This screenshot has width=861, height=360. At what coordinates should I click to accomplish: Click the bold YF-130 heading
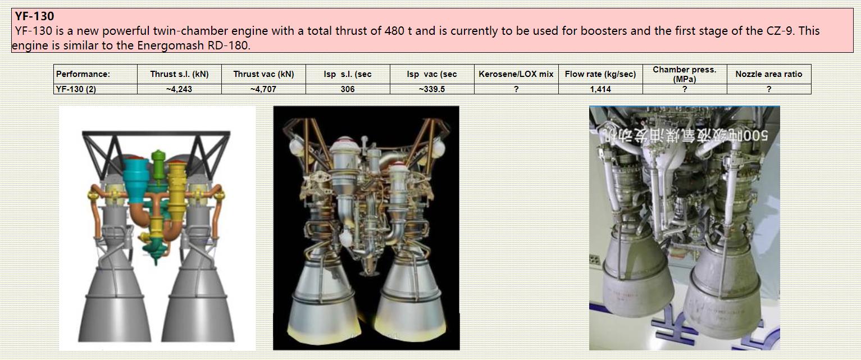click(34, 16)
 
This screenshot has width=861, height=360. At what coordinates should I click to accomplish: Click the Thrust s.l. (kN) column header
click(179, 74)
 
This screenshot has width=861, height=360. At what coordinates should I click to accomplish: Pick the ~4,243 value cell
click(179, 89)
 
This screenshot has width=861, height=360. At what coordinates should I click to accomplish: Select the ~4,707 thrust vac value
click(263, 89)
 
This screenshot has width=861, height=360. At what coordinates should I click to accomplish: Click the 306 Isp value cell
click(348, 89)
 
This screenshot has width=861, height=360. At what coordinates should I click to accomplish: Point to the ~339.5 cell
click(432, 89)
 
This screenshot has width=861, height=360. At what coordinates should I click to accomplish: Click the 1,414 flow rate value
click(600, 89)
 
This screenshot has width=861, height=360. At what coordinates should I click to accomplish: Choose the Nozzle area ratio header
click(769, 74)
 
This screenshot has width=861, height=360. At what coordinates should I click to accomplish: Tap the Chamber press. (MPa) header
click(685, 74)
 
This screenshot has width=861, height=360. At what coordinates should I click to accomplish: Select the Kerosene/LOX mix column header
click(516, 74)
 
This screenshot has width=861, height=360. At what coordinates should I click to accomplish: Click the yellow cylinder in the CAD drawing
click(176, 191)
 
